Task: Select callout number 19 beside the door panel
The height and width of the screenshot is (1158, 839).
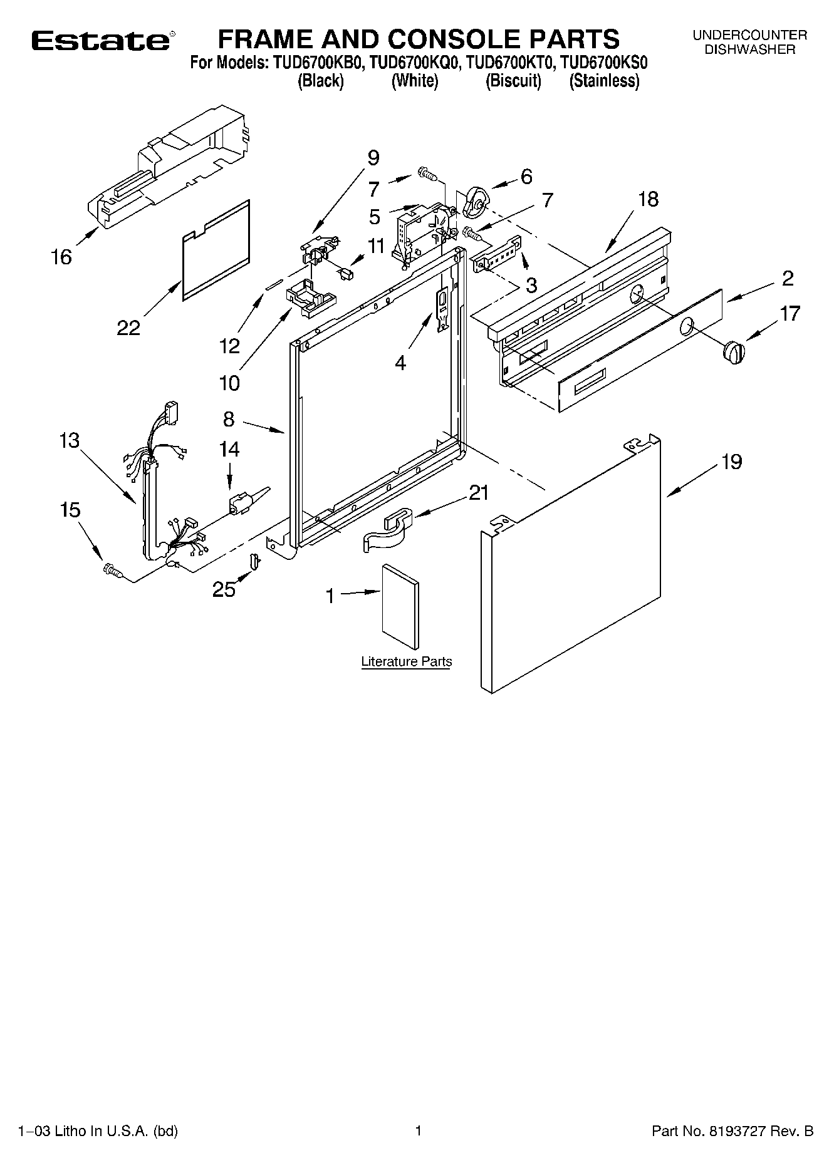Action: pos(731,462)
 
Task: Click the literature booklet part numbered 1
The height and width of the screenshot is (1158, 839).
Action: pos(400,606)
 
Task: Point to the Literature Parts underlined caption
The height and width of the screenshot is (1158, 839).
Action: pos(406,662)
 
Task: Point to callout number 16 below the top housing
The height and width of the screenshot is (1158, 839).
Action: pos(61,257)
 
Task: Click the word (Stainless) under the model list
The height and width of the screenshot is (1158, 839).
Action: pos(604,81)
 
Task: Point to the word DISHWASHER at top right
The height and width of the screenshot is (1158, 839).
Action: pos(749,50)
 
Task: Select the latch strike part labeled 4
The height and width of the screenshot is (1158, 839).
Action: pos(442,308)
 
